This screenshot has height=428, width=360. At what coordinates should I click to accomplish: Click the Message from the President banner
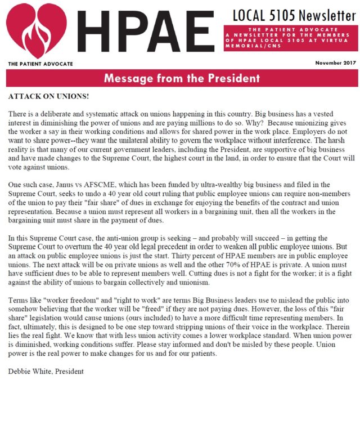point(181,78)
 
